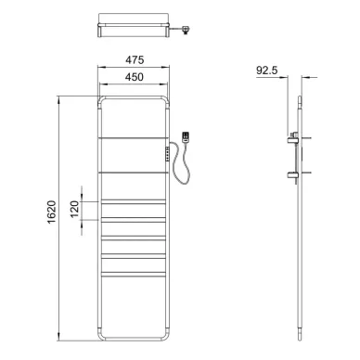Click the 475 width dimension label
click(135, 59)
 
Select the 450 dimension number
click(135, 77)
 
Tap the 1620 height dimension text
click(51, 212)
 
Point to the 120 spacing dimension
click(74, 210)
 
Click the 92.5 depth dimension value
click(267, 71)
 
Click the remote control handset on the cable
click(186, 137)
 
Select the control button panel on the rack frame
click(168, 154)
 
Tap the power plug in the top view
click(186, 30)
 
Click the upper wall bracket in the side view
click(292, 138)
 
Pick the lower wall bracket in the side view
click(292, 175)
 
